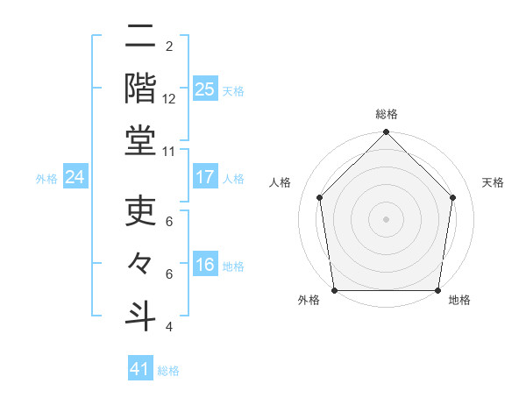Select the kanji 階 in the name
pos(140,86)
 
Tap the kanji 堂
pos(140,140)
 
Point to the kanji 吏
pos(140,211)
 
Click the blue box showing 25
pos(204,89)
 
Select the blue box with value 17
pos(204,177)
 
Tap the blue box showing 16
pos(204,265)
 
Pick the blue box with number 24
pos(75,177)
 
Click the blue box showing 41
pos(140,369)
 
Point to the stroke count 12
pos(169,99)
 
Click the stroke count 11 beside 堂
pos(169,152)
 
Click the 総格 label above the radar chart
pos(386,115)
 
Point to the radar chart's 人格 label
pos(281,182)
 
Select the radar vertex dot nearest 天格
pos(453,197)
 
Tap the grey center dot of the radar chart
pos(386,218)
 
